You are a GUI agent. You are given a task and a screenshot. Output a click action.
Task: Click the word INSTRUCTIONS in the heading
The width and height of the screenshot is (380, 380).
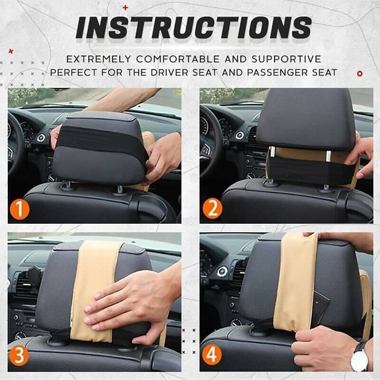click(x=194, y=28)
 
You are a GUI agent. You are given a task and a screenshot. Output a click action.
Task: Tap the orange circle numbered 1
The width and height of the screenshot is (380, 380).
click(x=19, y=209)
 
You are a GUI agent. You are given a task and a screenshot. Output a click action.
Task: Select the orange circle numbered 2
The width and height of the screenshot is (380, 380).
click(x=212, y=209)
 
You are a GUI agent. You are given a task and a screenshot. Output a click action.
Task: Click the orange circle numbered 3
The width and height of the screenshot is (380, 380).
click(x=19, y=355)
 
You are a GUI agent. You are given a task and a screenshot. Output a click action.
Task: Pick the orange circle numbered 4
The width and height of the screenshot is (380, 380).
click(x=212, y=355)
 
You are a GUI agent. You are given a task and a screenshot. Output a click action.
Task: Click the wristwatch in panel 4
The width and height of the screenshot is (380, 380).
click(x=359, y=356)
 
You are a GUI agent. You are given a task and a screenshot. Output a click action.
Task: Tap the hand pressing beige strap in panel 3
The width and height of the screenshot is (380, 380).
click(x=128, y=304)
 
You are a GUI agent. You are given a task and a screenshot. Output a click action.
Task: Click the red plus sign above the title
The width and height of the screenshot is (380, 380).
click(x=125, y=8)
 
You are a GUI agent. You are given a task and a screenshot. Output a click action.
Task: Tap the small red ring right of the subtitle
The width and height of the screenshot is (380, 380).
click(x=360, y=74)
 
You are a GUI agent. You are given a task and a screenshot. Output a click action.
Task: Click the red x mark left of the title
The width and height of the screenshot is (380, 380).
click(x=11, y=51)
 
